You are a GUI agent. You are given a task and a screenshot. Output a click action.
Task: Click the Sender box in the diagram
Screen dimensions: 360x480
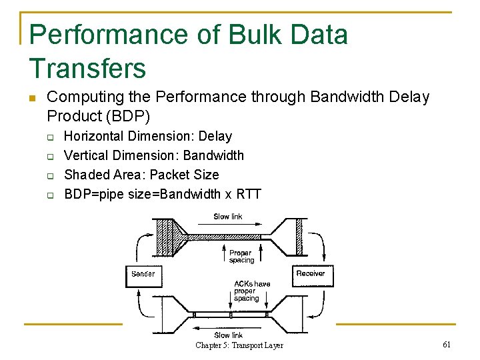pos(143,274)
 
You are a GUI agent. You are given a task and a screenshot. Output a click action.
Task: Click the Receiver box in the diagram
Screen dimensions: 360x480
pos(311,274)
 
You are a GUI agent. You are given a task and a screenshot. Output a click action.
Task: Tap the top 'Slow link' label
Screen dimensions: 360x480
pos(228,217)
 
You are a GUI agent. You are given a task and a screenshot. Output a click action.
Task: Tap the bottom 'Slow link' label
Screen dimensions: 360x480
pos(228,335)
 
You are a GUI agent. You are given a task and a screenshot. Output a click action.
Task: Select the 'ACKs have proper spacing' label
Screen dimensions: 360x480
pos(251,291)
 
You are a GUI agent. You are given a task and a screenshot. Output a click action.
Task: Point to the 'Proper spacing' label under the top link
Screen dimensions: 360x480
pos(241,257)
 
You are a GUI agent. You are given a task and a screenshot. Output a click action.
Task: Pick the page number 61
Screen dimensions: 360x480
pos(446,344)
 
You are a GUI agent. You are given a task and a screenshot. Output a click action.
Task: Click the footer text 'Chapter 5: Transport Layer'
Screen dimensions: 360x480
pos(239,345)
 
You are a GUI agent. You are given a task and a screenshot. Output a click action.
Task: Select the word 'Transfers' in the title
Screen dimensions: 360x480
pos(87,68)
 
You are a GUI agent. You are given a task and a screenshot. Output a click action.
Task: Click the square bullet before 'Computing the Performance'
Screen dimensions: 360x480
pos(31,99)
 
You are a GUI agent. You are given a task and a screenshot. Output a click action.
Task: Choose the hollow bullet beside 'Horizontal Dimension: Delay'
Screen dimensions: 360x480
pos(50,137)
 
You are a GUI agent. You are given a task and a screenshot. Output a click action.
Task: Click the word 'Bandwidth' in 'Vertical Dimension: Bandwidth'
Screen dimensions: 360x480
pos(213,155)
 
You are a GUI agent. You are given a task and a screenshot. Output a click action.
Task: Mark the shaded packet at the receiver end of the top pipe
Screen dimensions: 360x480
pos(299,237)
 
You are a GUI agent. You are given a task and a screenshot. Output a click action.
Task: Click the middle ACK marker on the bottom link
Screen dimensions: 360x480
pos(231,314)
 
